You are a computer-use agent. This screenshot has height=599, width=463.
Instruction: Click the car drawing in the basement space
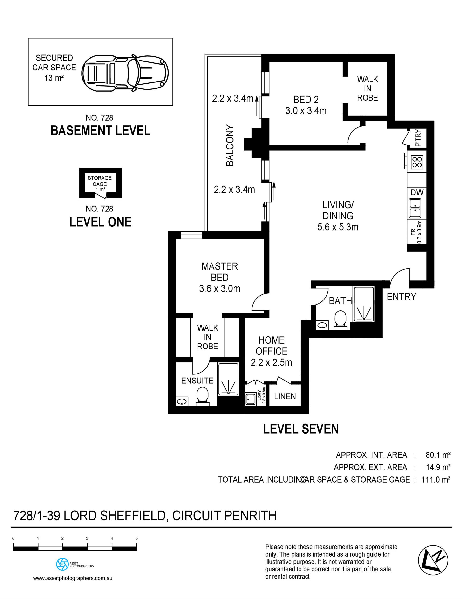pos(125,73)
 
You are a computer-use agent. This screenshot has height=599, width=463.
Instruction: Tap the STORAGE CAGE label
pos(100,181)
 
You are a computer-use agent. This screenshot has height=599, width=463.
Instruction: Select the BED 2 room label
pos(306,99)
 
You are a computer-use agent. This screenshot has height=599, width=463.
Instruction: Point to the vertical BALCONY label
pos(230,145)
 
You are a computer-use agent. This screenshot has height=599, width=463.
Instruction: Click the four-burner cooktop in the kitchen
pos(417,162)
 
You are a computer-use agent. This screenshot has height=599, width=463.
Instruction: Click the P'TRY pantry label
pos(418,138)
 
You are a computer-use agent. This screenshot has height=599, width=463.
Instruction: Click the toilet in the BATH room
pos(341,320)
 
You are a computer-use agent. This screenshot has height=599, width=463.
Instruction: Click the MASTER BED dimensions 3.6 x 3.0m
pos(220,289)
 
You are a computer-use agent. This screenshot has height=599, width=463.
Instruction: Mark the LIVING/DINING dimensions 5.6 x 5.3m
pos(338,227)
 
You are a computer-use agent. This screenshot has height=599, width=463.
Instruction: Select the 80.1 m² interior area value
pos(438,455)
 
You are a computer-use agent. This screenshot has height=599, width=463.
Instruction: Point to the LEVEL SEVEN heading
pos(301,429)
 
